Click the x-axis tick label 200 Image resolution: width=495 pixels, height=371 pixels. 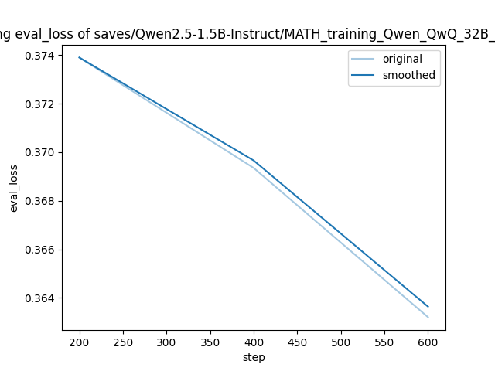pyautogui.click(x=80, y=342)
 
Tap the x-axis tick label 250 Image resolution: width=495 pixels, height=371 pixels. pyautogui.click(x=123, y=342)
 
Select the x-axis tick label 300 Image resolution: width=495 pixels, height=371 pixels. pyautogui.click(x=166, y=342)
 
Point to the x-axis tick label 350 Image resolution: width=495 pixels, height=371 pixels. pyautogui.click(x=210, y=342)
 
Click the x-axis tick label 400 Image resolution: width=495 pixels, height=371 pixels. pyautogui.click(x=254, y=342)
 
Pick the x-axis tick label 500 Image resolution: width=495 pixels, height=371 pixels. pyautogui.click(x=341, y=342)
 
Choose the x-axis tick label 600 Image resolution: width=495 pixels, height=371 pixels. pyautogui.click(x=428, y=342)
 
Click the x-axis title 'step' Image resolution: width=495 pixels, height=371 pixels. pyautogui.click(x=254, y=357)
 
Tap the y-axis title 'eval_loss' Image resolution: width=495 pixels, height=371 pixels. pyautogui.click(x=14, y=188)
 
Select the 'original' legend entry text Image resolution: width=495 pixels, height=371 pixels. pyautogui.click(x=402, y=60)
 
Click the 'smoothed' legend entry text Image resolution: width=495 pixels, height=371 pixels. pyautogui.click(x=408, y=76)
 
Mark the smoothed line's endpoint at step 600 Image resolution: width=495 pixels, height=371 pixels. pyautogui.click(x=428, y=307)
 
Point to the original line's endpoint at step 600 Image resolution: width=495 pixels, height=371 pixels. pyautogui.click(x=428, y=317)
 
